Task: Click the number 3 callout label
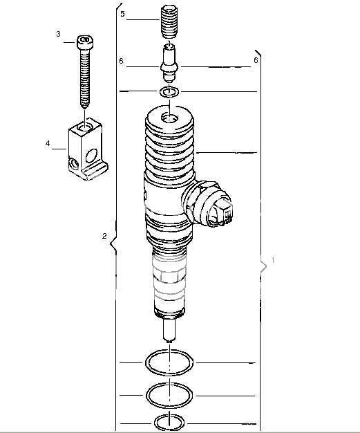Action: [x=58, y=34]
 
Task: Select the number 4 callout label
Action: [x=48, y=144]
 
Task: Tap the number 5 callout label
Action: [x=122, y=14]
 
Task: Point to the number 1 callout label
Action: [x=274, y=261]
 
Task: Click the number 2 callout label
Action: [x=104, y=237]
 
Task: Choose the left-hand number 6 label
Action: [x=121, y=62]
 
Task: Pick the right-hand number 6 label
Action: [x=256, y=61]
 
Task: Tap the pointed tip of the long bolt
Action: [x=84, y=107]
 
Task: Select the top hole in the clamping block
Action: [x=84, y=129]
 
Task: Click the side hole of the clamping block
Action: [x=74, y=163]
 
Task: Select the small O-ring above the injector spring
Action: [x=169, y=92]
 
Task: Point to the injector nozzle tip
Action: [x=168, y=333]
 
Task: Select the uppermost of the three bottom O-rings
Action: [x=169, y=362]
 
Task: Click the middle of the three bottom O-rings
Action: [x=169, y=394]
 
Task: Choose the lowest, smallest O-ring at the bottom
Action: [x=169, y=421]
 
